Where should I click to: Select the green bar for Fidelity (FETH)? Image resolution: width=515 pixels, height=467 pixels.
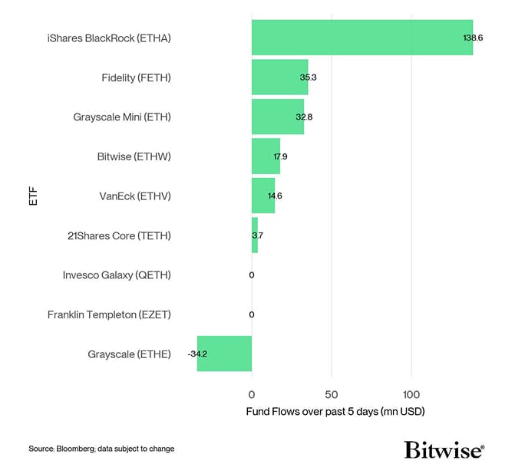coord(279,77)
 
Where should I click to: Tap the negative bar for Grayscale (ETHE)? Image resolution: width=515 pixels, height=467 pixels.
coord(224,354)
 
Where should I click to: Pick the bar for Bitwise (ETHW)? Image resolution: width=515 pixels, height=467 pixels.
coord(265,156)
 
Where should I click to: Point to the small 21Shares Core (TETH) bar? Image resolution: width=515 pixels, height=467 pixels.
coord(255,235)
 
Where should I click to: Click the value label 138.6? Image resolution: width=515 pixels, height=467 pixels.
coord(473,38)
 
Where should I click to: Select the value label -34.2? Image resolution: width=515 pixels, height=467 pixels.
coord(199,354)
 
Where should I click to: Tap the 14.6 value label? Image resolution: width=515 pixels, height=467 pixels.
coord(275,196)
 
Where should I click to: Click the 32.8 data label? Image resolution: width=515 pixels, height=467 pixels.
coord(304,117)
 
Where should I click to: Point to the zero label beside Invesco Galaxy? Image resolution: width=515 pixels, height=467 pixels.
coord(252,275)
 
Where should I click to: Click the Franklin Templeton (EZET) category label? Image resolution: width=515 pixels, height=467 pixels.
coord(109,314)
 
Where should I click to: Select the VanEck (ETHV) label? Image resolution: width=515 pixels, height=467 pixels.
coord(135,196)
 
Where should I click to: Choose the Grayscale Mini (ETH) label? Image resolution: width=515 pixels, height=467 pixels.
coord(122,117)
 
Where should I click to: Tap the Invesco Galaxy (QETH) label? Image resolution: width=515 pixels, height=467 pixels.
coord(117,275)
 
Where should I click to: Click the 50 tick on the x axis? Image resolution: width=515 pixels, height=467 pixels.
coord(332,395)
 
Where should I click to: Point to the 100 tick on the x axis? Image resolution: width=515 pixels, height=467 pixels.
coord(411,395)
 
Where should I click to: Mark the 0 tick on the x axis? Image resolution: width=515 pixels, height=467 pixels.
coord(252,395)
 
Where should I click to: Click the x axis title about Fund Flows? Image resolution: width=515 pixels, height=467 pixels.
coord(335,412)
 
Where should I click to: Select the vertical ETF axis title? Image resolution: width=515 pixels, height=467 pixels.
coord(32,196)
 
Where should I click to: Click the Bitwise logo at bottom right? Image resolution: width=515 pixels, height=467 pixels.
coord(444,449)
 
